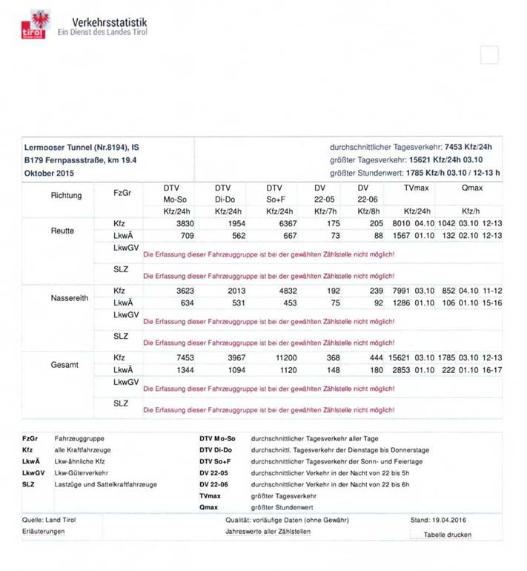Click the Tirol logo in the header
click(34, 24)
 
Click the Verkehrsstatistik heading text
click(110, 22)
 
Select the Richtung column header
click(67, 196)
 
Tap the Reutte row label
click(62, 230)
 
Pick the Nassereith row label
click(70, 297)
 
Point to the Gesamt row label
click(64, 365)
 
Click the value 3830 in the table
click(183, 223)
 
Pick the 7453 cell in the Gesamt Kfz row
click(183, 358)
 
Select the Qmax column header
click(472, 188)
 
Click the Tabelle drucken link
click(447, 535)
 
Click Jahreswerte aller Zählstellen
click(268, 532)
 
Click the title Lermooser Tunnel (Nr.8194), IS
click(82, 148)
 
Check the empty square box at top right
click(489, 55)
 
